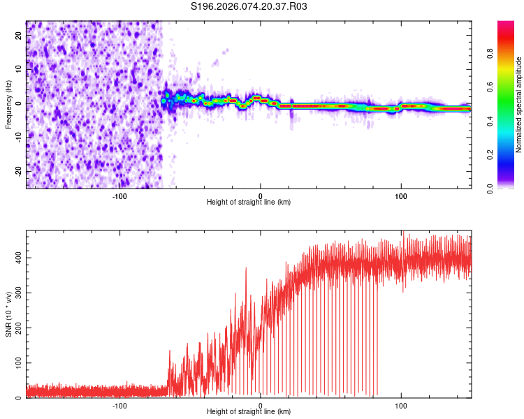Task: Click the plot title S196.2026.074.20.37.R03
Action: pyautogui.click(x=249, y=6)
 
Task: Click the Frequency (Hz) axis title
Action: pyautogui.click(x=8, y=104)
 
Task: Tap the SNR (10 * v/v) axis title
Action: pyautogui.click(x=8, y=314)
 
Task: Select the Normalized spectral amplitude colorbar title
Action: pyautogui.click(x=519, y=105)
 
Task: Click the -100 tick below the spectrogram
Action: pyautogui.click(x=119, y=196)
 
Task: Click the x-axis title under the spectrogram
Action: pyautogui.click(x=249, y=203)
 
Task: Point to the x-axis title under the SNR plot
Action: pyautogui.click(x=249, y=412)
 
